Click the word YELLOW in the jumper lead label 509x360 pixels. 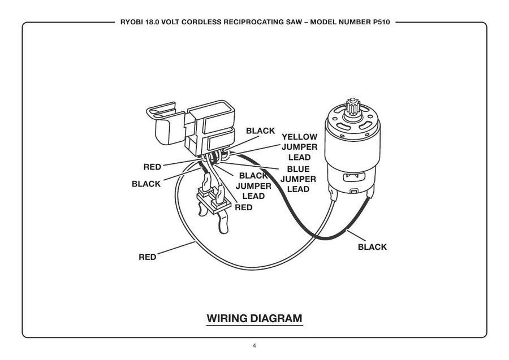[299, 137]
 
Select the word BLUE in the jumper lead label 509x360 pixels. [298, 168]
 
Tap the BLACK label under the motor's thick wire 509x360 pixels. [373, 247]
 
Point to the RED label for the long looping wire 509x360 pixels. [148, 257]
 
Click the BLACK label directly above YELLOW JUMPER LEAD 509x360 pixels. [260, 130]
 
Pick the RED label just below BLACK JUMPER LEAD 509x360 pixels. [244, 207]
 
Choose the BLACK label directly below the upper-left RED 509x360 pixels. [146, 184]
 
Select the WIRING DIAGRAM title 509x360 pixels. [255, 318]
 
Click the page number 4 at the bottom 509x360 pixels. [255, 345]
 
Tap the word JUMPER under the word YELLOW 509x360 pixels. [299, 148]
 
